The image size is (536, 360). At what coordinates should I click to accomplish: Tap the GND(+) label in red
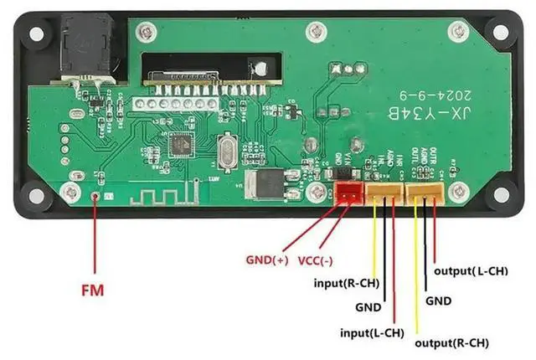[265, 260]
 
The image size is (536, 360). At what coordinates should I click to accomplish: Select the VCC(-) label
[317, 260]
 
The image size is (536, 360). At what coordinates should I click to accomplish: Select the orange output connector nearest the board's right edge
[425, 193]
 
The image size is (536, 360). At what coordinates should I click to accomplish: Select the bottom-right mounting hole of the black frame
[500, 194]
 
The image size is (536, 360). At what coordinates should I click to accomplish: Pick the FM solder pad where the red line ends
[96, 198]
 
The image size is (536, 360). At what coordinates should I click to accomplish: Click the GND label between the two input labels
[368, 307]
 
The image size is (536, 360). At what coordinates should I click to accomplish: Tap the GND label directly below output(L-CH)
[439, 300]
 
